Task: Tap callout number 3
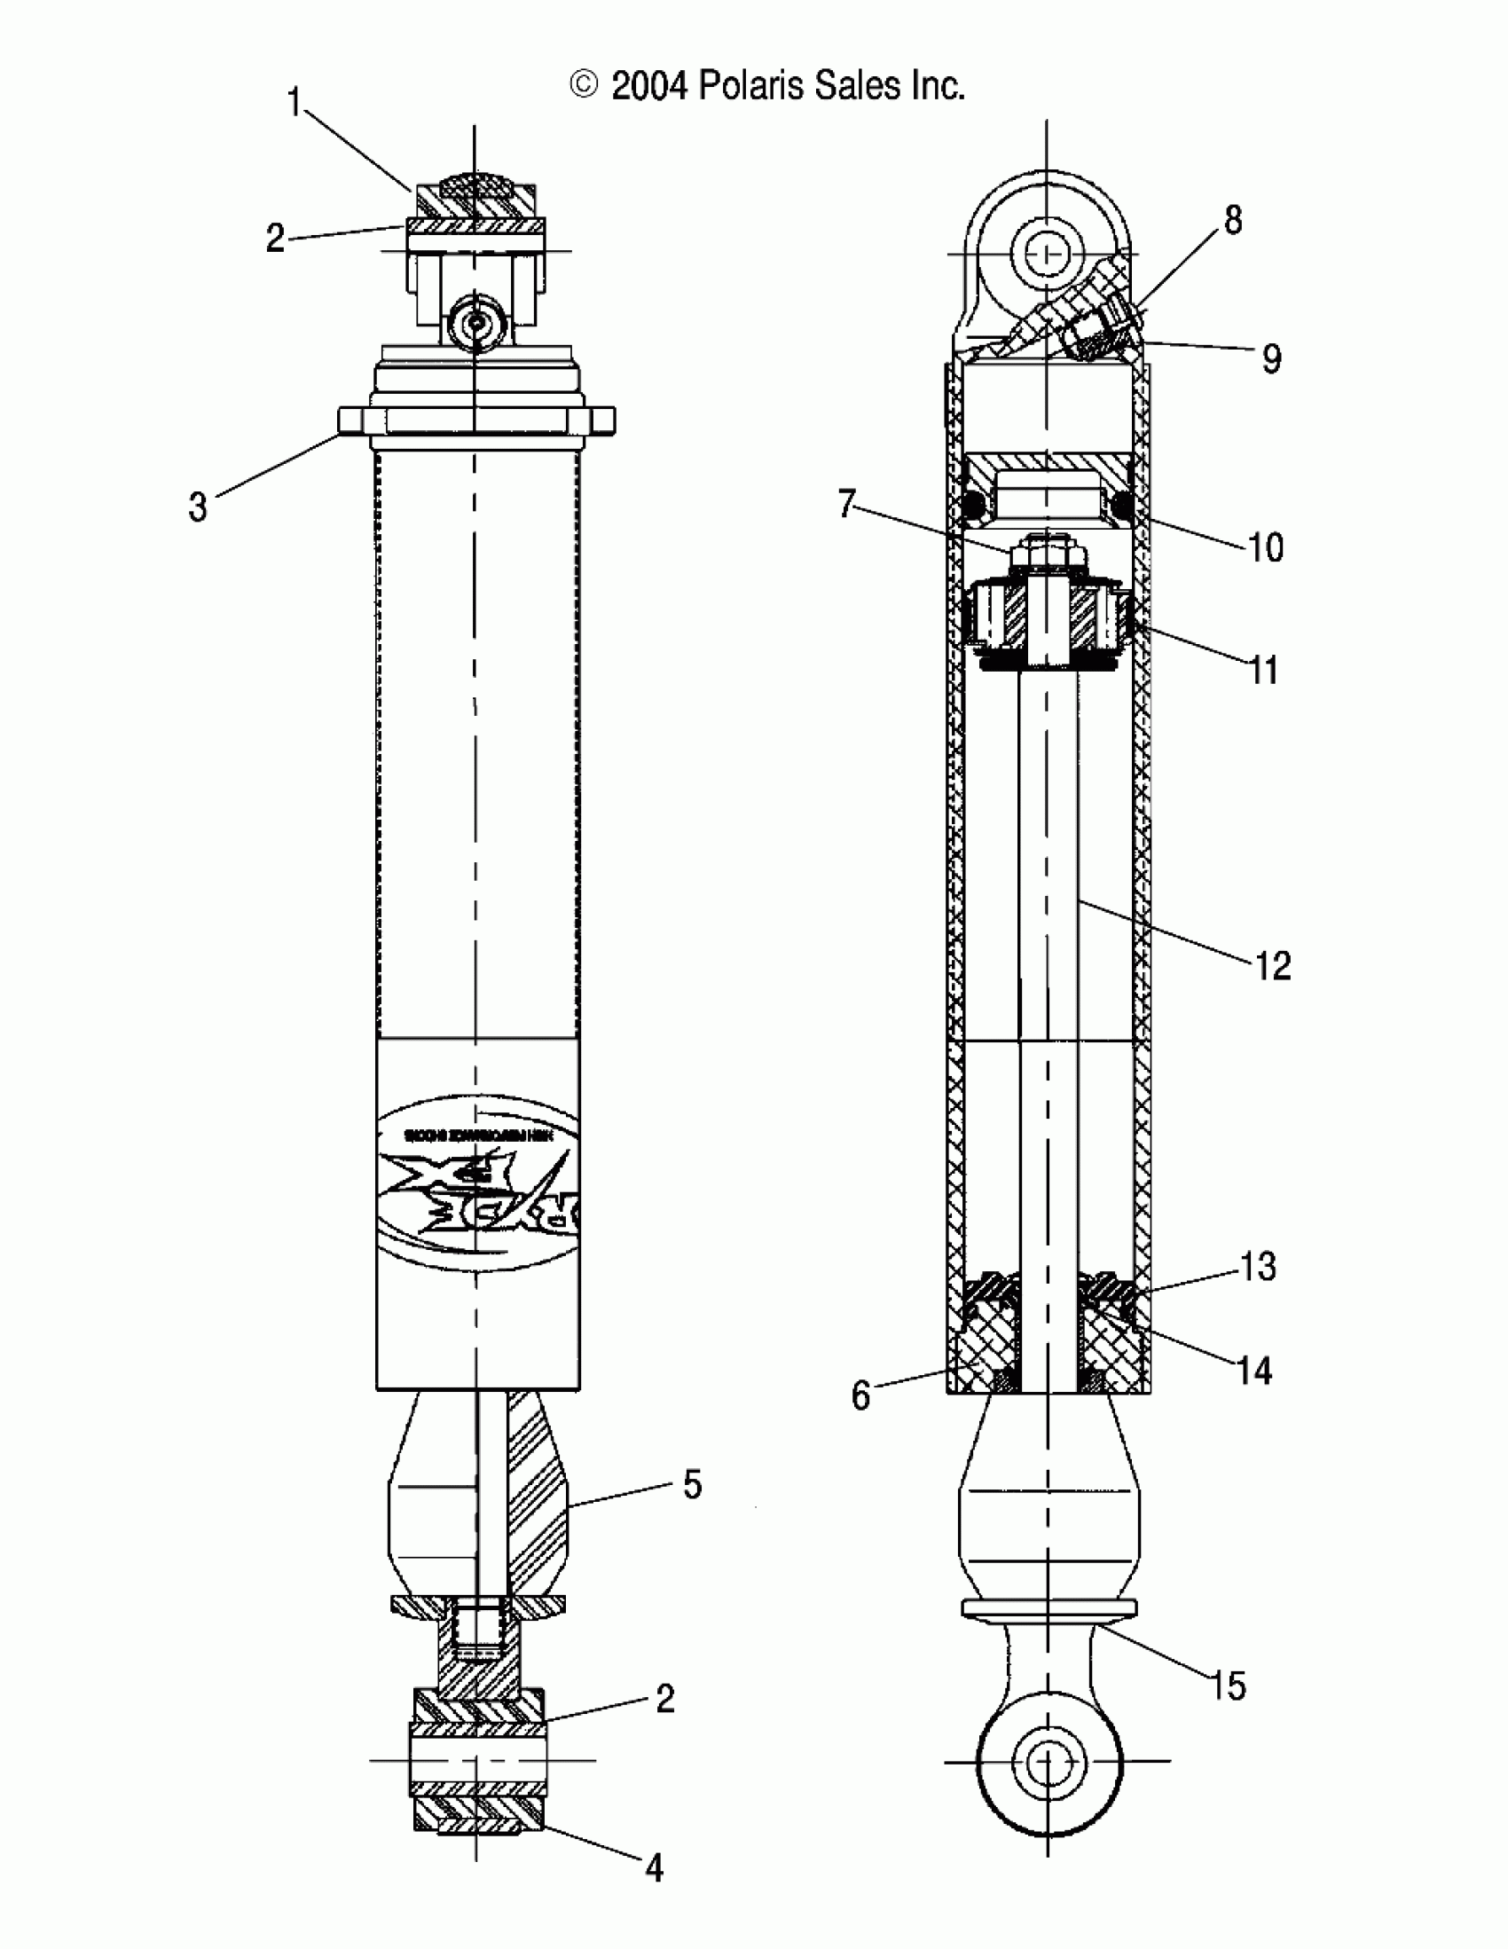click(x=197, y=507)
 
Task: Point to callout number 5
click(x=693, y=1484)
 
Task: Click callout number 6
click(x=860, y=1395)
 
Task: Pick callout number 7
click(x=847, y=504)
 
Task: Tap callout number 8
click(x=1232, y=219)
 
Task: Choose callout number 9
click(x=1271, y=358)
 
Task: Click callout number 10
click(x=1265, y=547)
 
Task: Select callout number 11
click(x=1263, y=669)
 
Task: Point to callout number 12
click(x=1272, y=965)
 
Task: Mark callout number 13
click(x=1258, y=1266)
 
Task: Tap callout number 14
click(x=1253, y=1371)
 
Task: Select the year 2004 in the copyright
click(x=649, y=86)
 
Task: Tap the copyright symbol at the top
click(x=583, y=86)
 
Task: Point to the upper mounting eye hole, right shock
click(x=1047, y=255)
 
